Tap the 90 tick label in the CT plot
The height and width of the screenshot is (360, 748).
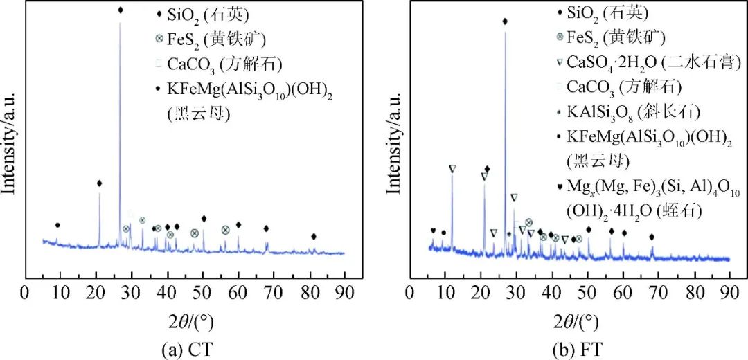(345, 290)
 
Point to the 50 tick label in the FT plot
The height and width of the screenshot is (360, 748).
(587, 290)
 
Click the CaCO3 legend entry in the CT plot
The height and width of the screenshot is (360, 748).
(220, 64)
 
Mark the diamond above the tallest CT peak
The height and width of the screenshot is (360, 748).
(121, 10)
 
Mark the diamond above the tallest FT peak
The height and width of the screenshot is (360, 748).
(505, 21)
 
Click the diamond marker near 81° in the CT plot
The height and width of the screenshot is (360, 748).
(314, 237)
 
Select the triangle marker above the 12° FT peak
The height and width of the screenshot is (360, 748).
(452, 168)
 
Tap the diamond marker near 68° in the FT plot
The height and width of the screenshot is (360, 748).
(652, 237)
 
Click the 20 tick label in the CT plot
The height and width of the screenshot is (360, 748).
(96, 290)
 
